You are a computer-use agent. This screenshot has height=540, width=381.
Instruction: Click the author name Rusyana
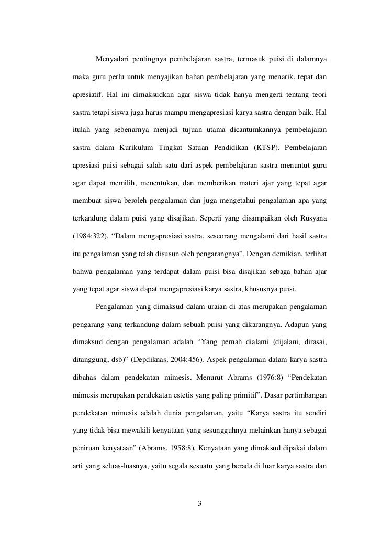click(x=312, y=217)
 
